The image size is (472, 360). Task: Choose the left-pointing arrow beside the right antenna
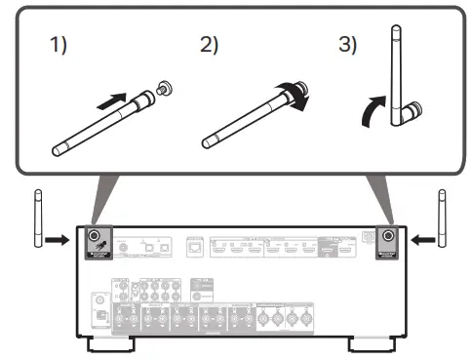pyautogui.click(x=418, y=237)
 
